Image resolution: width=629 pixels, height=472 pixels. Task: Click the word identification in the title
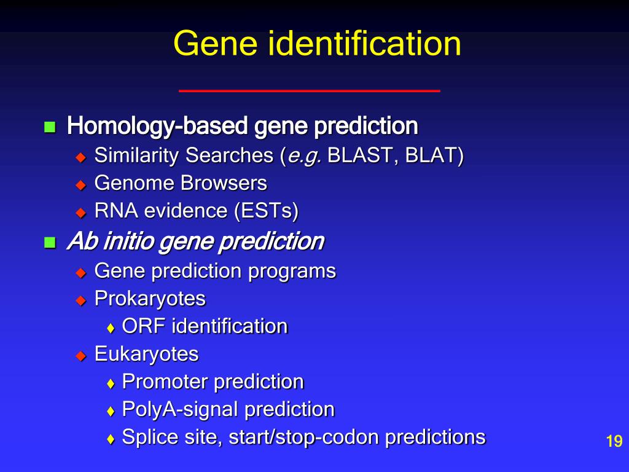pos(359,44)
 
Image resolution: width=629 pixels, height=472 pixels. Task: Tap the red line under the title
pos(309,91)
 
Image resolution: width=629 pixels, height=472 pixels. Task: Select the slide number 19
pos(614,441)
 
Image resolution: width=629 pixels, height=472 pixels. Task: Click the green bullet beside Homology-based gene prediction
pos(50,128)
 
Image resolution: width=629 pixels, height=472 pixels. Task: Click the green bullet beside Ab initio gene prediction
pos(50,242)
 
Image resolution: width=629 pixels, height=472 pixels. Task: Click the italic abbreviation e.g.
pos(303,157)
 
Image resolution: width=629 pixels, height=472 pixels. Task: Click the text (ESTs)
pos(266,211)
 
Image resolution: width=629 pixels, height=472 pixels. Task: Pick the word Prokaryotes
pos(150,299)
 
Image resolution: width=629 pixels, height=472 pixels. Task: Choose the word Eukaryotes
pos(146,354)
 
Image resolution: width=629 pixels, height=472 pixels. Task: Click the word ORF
pos(144,326)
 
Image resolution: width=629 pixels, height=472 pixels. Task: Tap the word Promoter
pos(165,382)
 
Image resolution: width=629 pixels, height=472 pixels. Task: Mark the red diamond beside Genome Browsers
pos(80,184)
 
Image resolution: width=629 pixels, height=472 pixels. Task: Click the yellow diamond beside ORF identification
pos(111,328)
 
